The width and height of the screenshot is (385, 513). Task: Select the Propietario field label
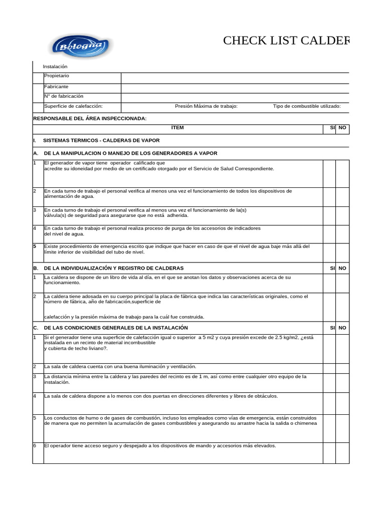[x=57, y=76]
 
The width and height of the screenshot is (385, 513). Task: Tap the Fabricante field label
[x=56, y=86]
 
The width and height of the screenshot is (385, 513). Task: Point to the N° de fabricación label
[x=64, y=96]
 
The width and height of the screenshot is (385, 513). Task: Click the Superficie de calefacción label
[x=73, y=106]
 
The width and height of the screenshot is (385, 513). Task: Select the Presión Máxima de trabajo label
[x=206, y=106]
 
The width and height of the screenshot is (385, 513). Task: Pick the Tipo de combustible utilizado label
[x=307, y=106]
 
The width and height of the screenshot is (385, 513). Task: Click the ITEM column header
[x=177, y=128]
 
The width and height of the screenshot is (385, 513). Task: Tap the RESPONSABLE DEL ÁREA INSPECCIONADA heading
[x=90, y=118]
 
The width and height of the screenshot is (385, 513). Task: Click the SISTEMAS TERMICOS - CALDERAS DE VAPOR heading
[x=105, y=142]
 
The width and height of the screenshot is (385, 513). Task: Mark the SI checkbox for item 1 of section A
[x=329, y=173]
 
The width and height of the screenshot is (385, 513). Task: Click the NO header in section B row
[x=342, y=269]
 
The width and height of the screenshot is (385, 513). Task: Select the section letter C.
[x=35, y=328]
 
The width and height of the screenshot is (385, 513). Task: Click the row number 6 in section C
[x=35, y=446]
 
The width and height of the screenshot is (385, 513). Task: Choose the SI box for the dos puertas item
[x=329, y=403]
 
